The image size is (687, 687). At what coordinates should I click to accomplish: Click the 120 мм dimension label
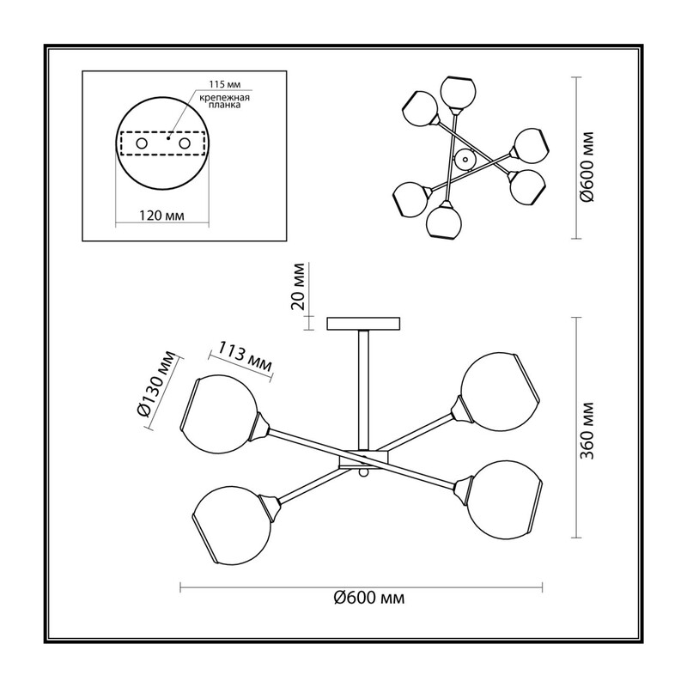(x=161, y=216)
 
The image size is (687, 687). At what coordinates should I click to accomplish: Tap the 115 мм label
(x=224, y=84)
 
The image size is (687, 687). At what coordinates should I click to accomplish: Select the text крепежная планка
(x=225, y=101)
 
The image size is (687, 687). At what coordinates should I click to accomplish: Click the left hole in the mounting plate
(x=142, y=143)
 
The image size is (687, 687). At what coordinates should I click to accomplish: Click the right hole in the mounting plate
(x=185, y=143)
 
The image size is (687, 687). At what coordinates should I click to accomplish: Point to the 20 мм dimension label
(x=298, y=287)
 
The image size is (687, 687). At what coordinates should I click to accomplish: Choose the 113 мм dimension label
(x=245, y=356)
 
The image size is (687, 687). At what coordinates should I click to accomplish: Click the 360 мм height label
(x=587, y=430)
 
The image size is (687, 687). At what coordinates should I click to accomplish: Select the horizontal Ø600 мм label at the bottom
(x=369, y=598)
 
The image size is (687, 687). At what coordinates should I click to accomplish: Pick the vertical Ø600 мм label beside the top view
(x=587, y=167)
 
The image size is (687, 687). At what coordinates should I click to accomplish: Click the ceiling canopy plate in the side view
(x=363, y=324)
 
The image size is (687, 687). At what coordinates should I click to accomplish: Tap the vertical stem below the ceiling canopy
(x=363, y=390)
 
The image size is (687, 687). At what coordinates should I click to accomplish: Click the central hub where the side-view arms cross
(x=363, y=459)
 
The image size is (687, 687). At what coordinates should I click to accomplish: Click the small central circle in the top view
(x=465, y=160)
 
